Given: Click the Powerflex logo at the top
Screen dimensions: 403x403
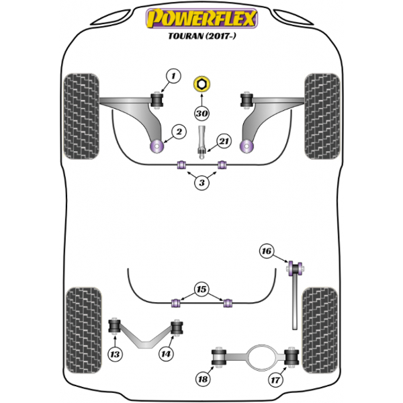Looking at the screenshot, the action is click(201, 18).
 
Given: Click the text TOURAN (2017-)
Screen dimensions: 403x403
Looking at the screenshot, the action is click(201, 36).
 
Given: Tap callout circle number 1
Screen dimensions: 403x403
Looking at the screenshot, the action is click(173, 76).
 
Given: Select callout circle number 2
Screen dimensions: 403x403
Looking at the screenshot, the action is click(179, 132).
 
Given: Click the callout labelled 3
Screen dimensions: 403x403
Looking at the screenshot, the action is click(201, 183).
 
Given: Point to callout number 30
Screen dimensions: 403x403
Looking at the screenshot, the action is click(201, 114).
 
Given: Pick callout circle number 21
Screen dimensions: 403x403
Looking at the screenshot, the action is click(224, 141).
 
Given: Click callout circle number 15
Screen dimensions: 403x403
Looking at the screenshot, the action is click(201, 289).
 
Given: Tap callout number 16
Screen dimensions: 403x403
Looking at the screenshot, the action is click(267, 251).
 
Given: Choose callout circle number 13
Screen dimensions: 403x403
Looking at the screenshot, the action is click(115, 355).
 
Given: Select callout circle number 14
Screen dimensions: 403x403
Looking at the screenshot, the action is click(166, 354).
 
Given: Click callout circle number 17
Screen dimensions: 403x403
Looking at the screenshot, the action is click(275, 379).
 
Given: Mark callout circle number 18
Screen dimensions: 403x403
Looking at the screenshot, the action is click(203, 379).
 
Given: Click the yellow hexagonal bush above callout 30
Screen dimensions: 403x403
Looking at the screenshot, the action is click(201, 85).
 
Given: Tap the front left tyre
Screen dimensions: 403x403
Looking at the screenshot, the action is click(81, 116).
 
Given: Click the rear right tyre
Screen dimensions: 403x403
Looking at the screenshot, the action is click(320, 330).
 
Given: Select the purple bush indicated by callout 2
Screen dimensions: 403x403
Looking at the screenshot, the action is click(156, 146).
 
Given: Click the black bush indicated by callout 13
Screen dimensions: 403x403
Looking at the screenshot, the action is click(115, 326).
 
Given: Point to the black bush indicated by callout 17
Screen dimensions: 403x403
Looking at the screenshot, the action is click(292, 357).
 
